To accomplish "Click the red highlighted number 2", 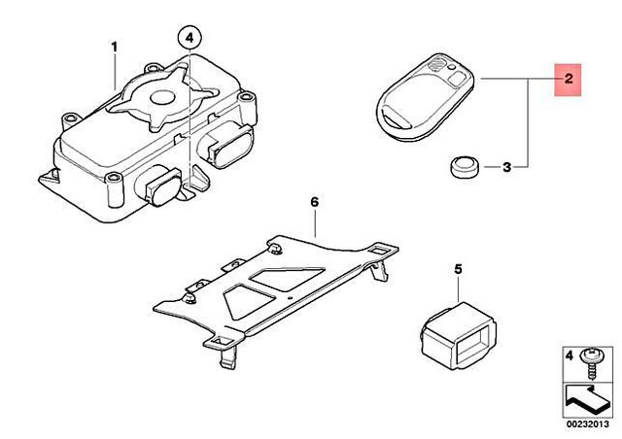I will click(x=567, y=79).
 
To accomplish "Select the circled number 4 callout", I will click(x=190, y=39).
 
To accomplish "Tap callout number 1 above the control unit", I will click(x=114, y=47).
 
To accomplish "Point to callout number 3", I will click(x=506, y=168).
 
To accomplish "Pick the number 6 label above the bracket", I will click(x=314, y=201).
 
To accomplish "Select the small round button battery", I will click(x=464, y=168).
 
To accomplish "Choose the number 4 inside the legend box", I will click(x=570, y=356).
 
